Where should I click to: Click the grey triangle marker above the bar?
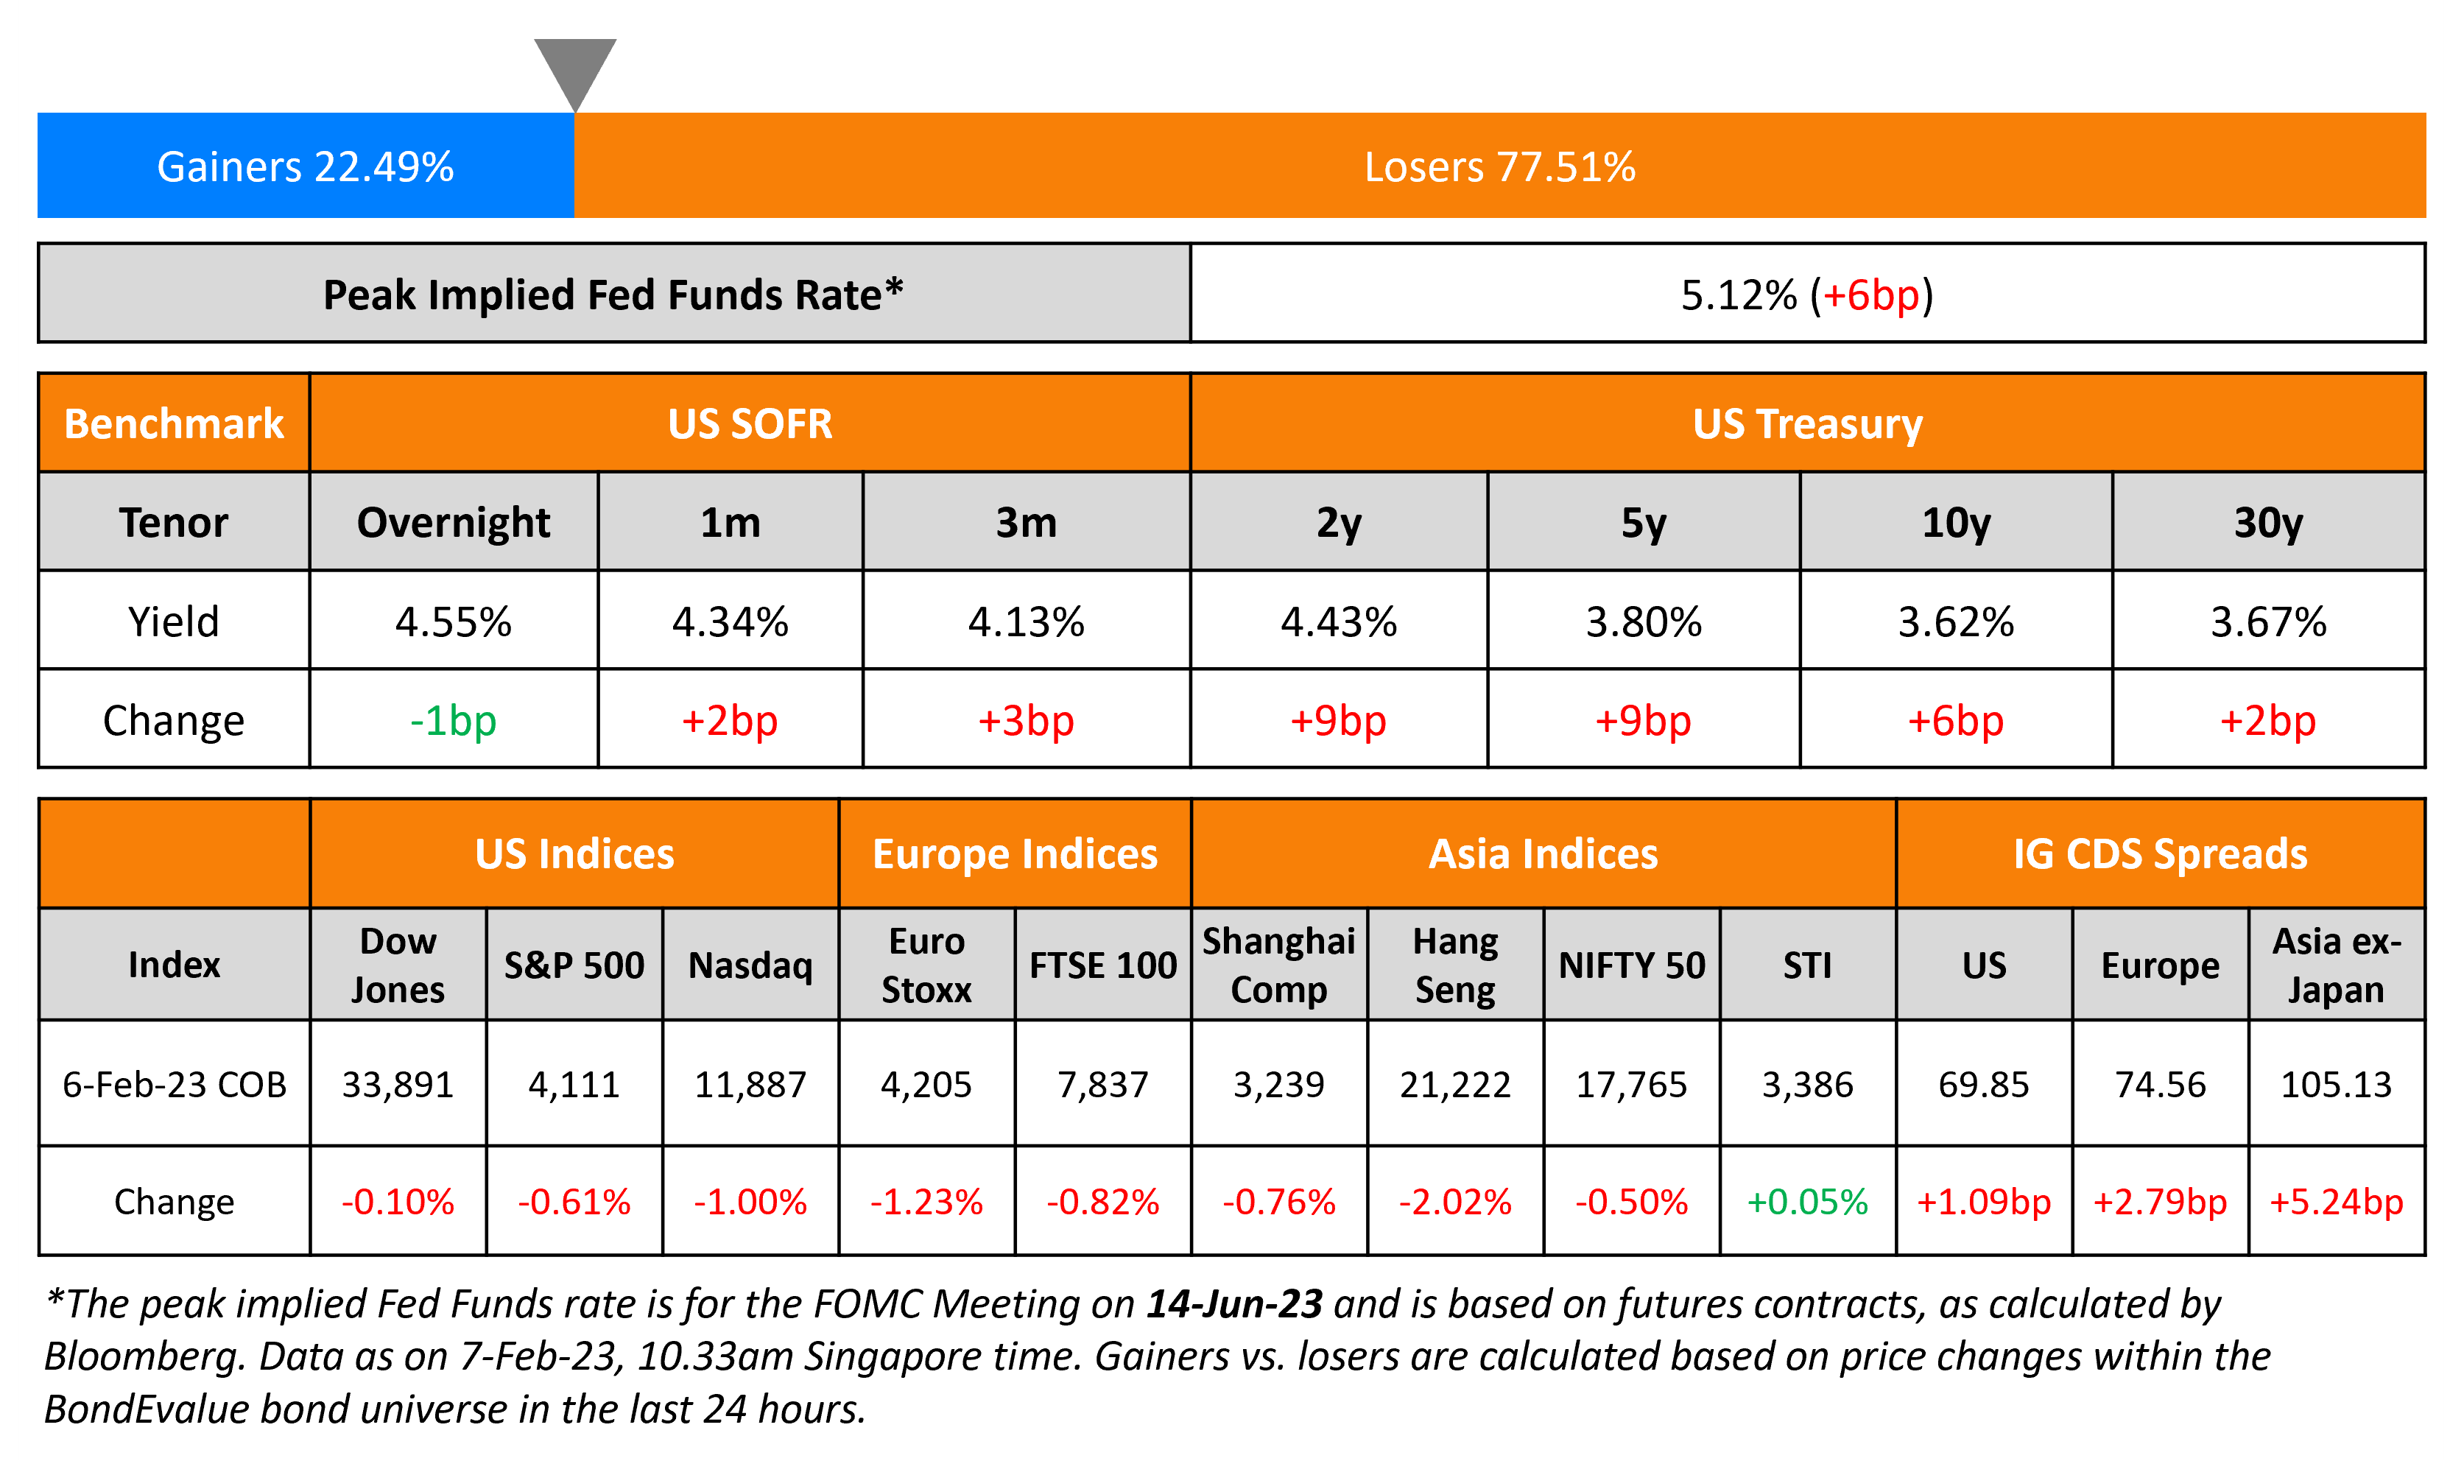coord(575,67)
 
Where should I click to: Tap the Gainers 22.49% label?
coord(305,166)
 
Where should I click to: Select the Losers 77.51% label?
coord(1499,166)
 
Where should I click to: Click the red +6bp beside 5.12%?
coord(1870,295)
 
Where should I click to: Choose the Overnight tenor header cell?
coord(453,523)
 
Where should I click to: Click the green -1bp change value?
coord(453,721)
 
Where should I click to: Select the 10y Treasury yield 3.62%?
coord(1955,622)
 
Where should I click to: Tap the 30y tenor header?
coord(2267,523)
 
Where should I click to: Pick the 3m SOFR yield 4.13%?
coord(1026,622)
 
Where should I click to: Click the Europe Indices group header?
coord(1014,853)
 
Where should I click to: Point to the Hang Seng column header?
coord(1455,965)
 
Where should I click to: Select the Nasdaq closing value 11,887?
coord(750,1084)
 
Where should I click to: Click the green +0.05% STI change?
coord(1806,1201)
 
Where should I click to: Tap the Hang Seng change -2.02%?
coord(1455,1201)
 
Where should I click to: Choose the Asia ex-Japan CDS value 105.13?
coord(2335,1084)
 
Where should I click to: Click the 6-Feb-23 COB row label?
coord(175,1084)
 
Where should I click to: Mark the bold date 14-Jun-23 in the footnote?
coord(1233,1303)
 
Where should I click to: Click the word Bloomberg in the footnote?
coord(144,1356)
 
